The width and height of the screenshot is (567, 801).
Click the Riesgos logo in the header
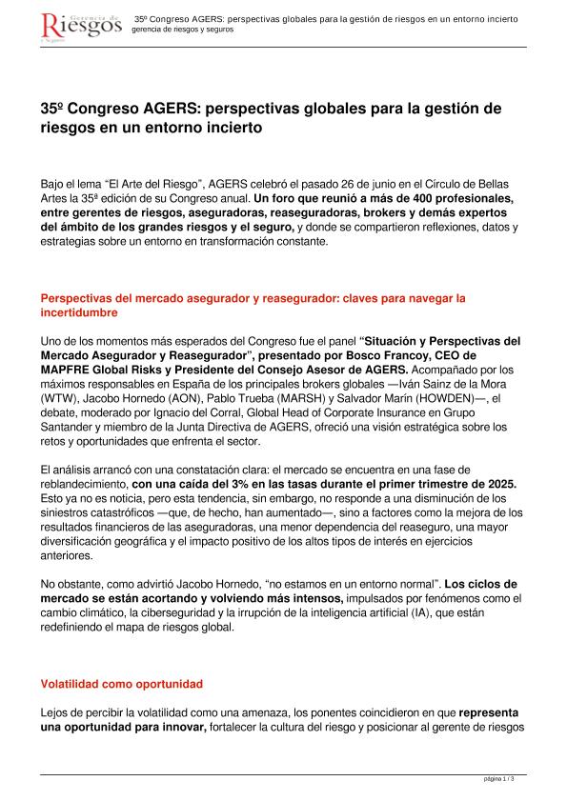(x=82, y=26)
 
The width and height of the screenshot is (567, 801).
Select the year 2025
(x=500, y=484)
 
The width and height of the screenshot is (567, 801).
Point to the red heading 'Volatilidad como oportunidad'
(x=121, y=684)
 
